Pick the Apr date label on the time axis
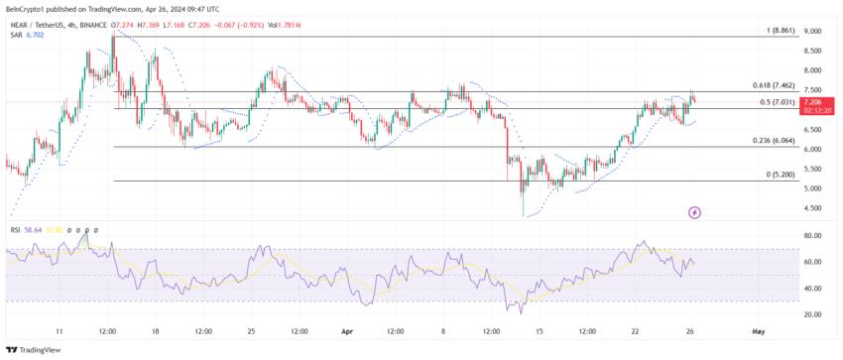click(x=347, y=331)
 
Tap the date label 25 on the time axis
click(x=250, y=331)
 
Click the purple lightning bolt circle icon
click(x=694, y=212)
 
